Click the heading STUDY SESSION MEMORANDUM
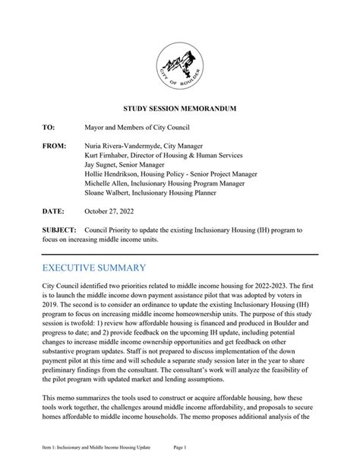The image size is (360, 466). click(180, 109)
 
